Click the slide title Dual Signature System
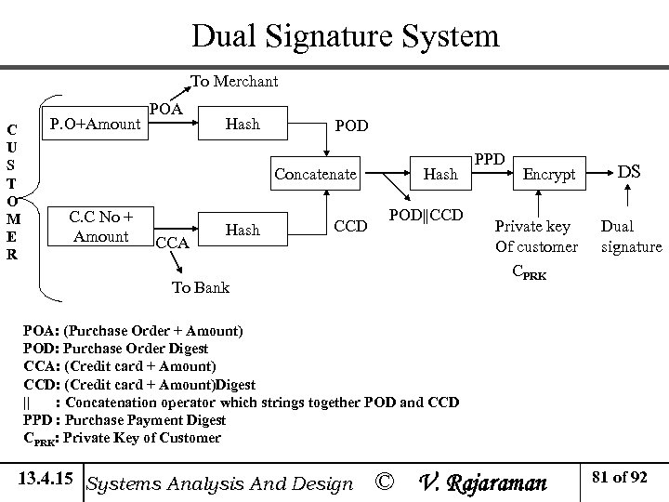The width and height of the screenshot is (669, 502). point(345,36)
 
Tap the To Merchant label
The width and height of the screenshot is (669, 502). point(234,82)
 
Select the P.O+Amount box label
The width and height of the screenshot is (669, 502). point(95,124)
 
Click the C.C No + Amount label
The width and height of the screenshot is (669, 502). point(102,228)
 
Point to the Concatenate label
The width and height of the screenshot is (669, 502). point(315,174)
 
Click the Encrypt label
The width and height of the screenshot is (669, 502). point(549,174)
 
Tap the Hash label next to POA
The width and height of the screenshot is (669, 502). point(243,124)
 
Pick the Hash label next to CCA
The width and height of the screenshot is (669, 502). point(243,229)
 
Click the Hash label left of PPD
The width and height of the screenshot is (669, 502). point(440,174)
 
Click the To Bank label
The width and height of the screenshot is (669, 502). point(201,287)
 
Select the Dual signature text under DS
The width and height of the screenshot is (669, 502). point(631,236)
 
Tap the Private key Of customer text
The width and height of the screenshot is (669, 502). point(536,236)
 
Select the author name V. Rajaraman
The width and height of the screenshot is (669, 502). point(484,482)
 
